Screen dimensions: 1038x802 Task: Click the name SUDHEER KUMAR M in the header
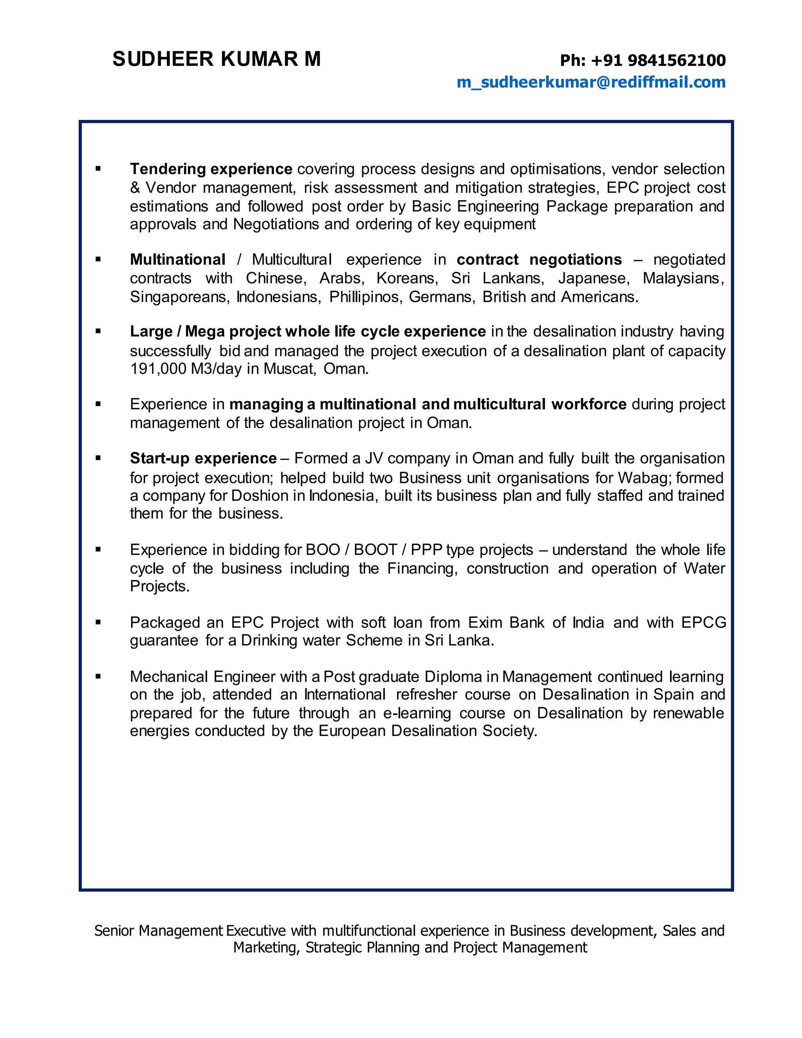coord(217,60)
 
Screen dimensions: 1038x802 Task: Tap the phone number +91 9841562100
coord(658,60)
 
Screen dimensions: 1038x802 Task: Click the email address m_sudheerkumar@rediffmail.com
coord(591,82)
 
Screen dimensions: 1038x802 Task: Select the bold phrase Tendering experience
coord(211,169)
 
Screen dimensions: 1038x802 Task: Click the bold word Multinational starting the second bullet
coord(177,259)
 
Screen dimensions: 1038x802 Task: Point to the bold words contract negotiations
coord(539,259)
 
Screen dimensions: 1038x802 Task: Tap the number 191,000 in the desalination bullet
coord(158,369)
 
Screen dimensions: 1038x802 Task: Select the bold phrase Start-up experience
coord(203,458)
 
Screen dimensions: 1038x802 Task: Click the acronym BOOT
coord(375,550)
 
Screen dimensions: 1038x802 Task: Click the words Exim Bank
coord(506,623)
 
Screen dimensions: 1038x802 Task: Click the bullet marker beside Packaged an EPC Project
coord(98,622)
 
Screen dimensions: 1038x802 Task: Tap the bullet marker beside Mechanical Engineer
coord(98,676)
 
